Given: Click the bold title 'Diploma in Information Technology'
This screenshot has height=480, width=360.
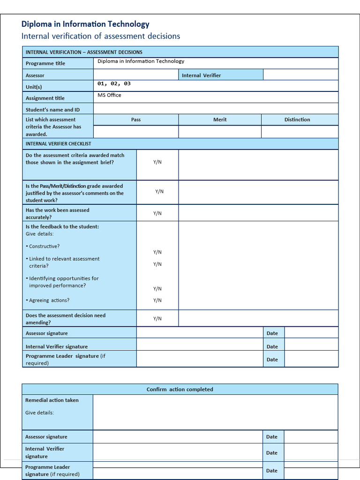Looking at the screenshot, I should tap(85, 24).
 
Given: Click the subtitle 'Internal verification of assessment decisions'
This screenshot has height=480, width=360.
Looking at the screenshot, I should tap(101, 36).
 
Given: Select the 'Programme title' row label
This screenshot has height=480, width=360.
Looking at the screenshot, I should tap(45, 63).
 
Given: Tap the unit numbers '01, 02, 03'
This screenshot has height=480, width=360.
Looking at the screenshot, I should tap(114, 83).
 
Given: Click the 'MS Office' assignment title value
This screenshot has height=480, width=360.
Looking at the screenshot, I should tap(109, 95).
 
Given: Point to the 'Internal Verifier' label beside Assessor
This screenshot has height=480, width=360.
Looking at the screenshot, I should tap(201, 75).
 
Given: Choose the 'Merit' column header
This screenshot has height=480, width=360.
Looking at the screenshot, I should tap(220, 120).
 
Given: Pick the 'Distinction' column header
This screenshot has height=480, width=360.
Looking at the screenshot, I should tap(297, 120).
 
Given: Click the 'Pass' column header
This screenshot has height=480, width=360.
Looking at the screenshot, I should tap(136, 120).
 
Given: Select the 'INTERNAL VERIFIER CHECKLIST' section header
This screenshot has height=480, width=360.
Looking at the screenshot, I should tap(59, 144).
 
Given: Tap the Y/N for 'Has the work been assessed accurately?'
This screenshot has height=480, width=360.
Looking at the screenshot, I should tap(157, 213).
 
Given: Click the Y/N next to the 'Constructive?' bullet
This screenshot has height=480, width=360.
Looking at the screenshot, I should tap(157, 252).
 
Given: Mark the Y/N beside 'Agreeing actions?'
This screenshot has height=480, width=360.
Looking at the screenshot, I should tap(157, 300).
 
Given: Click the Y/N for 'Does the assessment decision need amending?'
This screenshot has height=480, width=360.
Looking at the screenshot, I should tap(157, 319).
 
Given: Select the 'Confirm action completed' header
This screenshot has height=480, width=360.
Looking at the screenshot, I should tap(180, 390).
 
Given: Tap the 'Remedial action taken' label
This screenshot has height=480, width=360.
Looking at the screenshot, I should tap(52, 400).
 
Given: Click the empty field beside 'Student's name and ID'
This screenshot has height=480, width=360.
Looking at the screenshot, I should tap(216, 109).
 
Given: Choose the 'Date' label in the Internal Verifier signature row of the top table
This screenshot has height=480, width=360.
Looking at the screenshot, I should tap(272, 347).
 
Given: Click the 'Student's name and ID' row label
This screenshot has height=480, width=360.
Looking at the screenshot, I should tap(52, 110).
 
